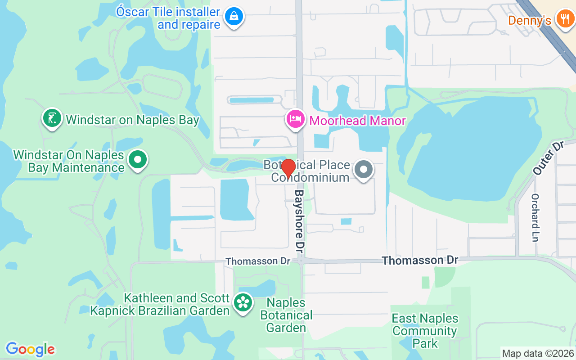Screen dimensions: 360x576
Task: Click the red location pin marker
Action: tap(288, 168)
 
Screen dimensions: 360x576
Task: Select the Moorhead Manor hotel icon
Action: tap(295, 120)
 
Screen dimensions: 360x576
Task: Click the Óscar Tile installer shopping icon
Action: tap(234, 17)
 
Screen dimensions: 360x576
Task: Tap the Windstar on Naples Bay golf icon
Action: tap(52, 118)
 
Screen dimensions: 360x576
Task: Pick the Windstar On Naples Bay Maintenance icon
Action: tap(138, 159)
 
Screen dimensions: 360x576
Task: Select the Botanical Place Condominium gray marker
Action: tap(364, 170)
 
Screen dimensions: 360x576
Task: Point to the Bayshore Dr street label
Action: tap(300, 220)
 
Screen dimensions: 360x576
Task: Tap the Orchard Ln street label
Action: tap(535, 217)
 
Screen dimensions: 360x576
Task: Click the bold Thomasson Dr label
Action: tap(419, 260)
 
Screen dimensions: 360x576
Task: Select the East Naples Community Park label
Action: tap(425, 331)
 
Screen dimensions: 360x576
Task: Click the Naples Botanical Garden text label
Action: tap(286, 315)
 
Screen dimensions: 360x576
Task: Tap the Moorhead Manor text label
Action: tap(358, 121)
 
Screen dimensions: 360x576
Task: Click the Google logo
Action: tap(30, 349)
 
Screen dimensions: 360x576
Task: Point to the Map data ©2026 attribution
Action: tap(538, 354)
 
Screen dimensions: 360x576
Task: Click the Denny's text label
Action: tap(530, 21)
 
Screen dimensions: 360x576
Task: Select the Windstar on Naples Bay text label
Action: tap(132, 120)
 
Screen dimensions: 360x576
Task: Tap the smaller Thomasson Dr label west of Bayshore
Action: tap(258, 261)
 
